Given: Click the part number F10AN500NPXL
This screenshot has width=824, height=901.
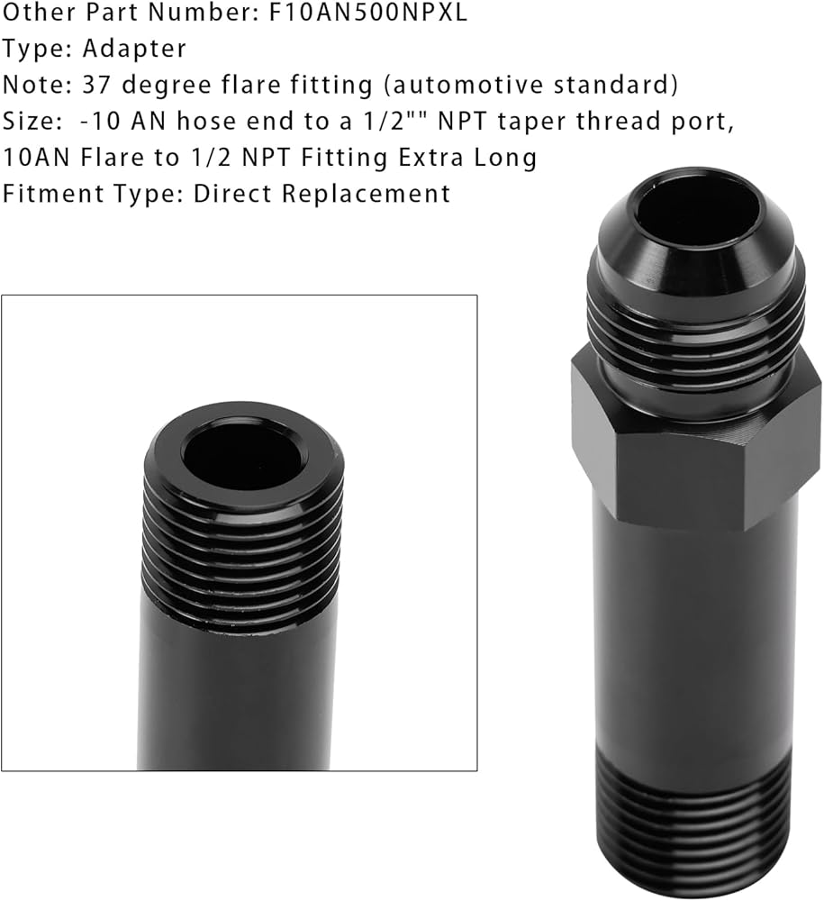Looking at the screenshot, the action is (368, 12).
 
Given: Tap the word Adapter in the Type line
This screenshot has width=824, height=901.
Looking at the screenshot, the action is (134, 50).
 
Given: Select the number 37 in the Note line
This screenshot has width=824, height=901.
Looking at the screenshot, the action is (96, 85).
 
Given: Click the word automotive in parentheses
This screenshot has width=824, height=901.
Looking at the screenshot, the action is (463, 85).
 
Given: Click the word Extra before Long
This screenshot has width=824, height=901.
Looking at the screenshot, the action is (430, 158).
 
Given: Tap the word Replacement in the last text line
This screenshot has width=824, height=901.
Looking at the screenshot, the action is (366, 195).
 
